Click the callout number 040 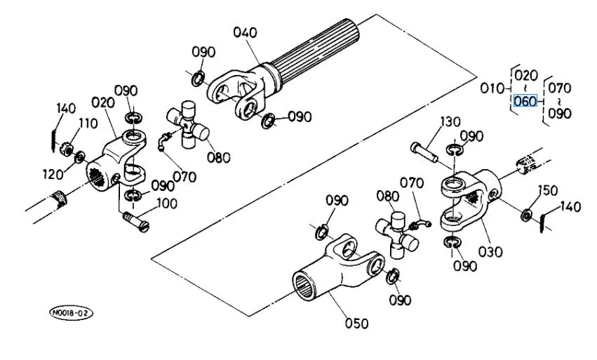point(245,33)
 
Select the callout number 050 point(357,324)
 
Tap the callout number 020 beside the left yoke point(103,102)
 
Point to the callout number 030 point(490,252)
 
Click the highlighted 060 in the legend point(525,101)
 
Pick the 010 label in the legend point(492,88)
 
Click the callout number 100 point(166,204)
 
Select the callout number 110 point(88,124)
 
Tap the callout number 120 point(53,175)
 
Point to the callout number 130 point(450,122)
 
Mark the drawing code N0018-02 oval point(71,313)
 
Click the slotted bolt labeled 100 point(136,222)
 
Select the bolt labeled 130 point(424,152)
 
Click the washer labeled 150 point(526,215)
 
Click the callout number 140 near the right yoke point(570,207)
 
